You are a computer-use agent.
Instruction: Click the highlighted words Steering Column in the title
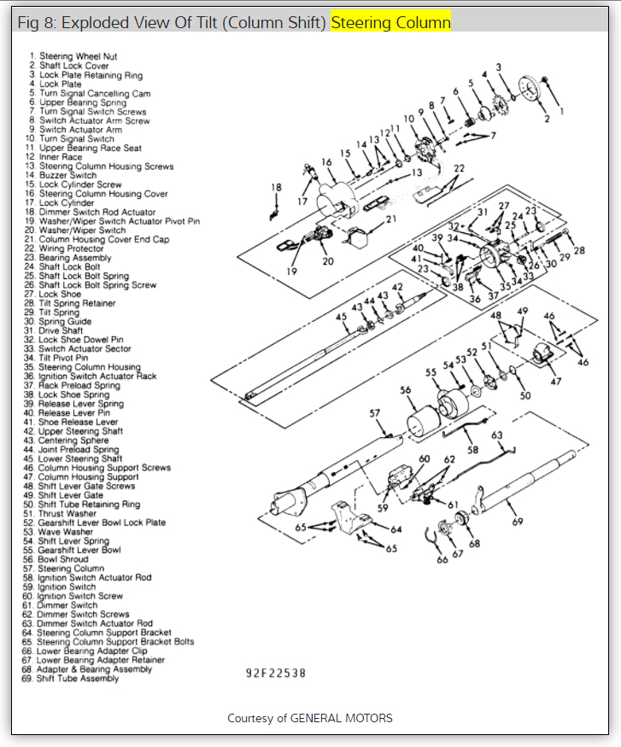tap(390, 23)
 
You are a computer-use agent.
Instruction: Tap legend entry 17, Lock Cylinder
tap(61, 203)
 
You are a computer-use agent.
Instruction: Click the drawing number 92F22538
tap(276, 674)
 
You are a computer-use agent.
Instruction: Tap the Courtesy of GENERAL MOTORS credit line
tap(310, 718)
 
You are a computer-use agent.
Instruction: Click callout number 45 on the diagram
tap(341, 317)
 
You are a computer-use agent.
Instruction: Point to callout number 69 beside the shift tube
tap(516, 522)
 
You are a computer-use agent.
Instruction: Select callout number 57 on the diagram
tap(374, 413)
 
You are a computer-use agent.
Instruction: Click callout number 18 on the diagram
tap(276, 187)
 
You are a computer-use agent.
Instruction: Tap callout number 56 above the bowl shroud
tap(406, 390)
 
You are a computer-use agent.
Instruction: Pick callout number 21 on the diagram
tap(392, 219)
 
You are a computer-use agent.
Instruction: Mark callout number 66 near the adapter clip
tap(442, 560)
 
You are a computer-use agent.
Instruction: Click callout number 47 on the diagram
tap(556, 381)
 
